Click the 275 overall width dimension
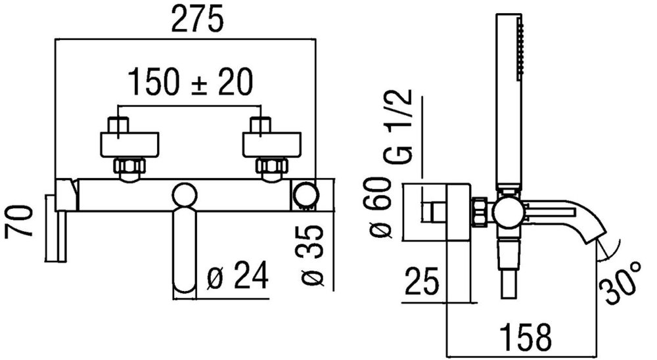(x=196, y=20)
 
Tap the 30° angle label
(x=620, y=279)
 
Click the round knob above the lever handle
(x=184, y=196)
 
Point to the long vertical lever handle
(x=184, y=250)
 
